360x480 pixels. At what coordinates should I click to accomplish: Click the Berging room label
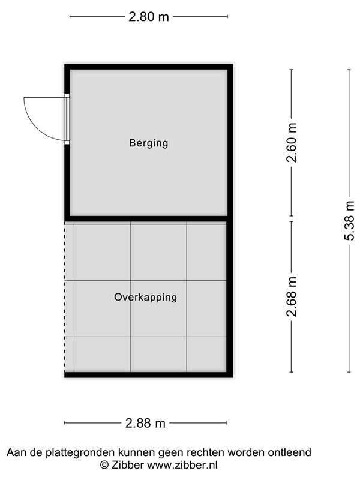click(148, 143)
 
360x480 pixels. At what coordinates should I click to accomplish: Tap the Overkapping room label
click(145, 297)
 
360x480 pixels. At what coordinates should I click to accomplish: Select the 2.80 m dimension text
click(148, 17)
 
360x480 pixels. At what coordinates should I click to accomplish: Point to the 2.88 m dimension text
click(145, 423)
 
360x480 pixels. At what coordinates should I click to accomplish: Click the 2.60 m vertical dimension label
click(292, 142)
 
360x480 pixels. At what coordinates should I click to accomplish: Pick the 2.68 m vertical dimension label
click(292, 296)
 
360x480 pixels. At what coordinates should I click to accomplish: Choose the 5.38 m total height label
click(349, 221)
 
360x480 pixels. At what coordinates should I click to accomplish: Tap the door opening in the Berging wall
click(67, 119)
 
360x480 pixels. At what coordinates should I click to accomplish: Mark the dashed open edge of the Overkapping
click(65, 297)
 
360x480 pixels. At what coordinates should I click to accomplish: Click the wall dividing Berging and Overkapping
click(146, 218)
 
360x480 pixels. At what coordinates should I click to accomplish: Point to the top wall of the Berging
click(148, 67)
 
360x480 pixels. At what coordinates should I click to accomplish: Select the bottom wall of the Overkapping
click(148, 374)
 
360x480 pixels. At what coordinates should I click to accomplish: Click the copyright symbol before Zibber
click(104, 465)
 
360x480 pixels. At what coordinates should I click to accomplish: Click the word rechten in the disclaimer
click(206, 452)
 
